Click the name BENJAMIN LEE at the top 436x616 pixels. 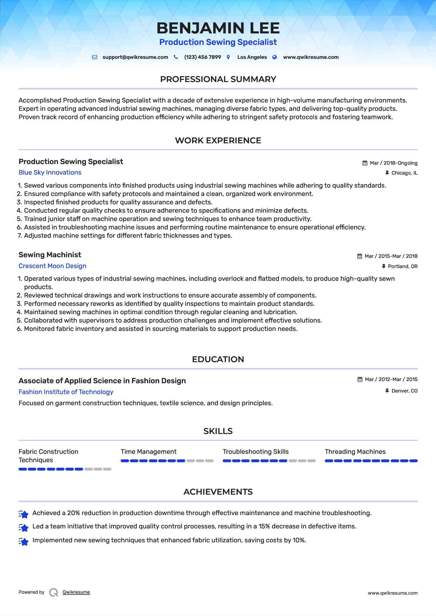pyautogui.click(x=218, y=28)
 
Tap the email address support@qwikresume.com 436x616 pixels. pyautogui.click(x=135, y=57)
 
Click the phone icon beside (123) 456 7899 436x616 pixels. pyautogui.click(x=176, y=57)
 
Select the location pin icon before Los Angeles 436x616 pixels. pyautogui.click(x=228, y=57)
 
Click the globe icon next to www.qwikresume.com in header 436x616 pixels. pyautogui.click(x=275, y=57)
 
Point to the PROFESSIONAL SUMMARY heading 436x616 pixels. pyautogui.click(x=218, y=79)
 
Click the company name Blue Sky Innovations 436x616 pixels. pyautogui.click(x=50, y=172)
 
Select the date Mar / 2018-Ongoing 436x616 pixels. pyautogui.click(x=394, y=163)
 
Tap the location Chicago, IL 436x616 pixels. pyautogui.click(x=404, y=173)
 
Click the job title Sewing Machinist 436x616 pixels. pyautogui.click(x=50, y=255)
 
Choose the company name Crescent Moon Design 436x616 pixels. pyautogui.click(x=52, y=266)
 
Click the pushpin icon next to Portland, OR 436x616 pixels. pyautogui.click(x=384, y=266)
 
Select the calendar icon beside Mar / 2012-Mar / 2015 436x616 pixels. pyautogui.click(x=360, y=380)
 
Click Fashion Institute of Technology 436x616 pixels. pyautogui.click(x=66, y=392)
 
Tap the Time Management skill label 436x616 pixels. pyautogui.click(x=148, y=452)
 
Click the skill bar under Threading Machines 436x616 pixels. pyautogui.click(x=371, y=461)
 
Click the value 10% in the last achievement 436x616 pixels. pyautogui.click(x=299, y=540)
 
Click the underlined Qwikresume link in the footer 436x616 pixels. pyautogui.click(x=76, y=592)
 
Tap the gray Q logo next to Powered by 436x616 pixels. pyautogui.click(x=54, y=592)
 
